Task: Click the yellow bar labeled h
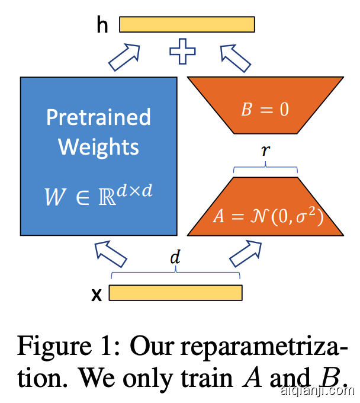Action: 187,24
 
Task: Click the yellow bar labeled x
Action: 175,293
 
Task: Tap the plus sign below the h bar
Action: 182,51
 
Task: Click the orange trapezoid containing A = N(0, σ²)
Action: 265,207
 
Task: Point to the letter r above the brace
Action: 265,151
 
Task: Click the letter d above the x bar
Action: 175,258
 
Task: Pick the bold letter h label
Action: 102,25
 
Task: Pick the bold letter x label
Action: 97,294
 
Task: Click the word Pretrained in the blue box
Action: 98,117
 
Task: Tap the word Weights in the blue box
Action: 99,146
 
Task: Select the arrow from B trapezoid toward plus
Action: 236,57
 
